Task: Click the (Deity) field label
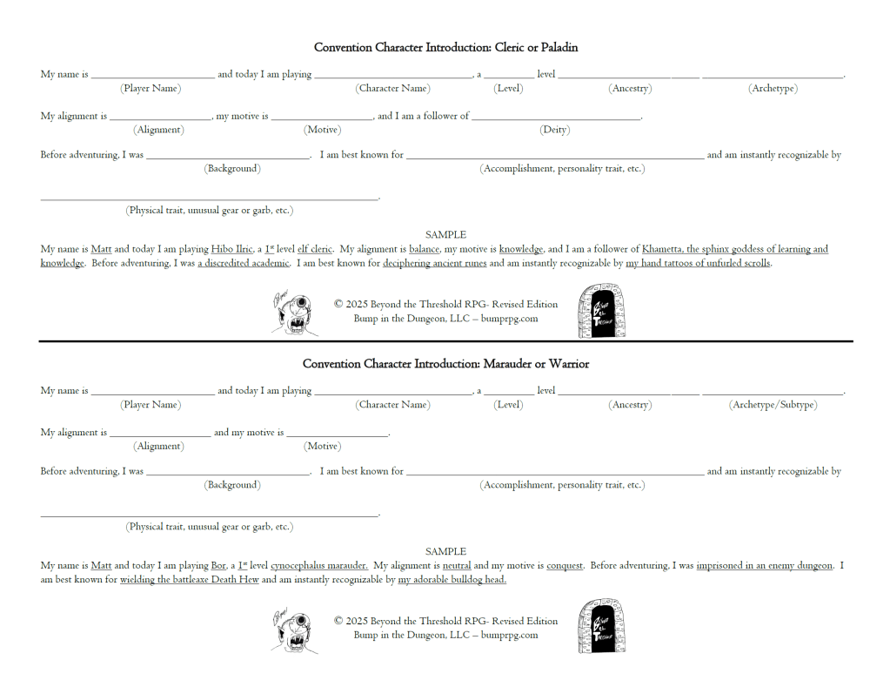(x=554, y=130)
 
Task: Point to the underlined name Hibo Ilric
(x=231, y=249)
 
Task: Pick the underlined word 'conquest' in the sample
(x=565, y=565)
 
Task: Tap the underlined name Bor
(x=218, y=565)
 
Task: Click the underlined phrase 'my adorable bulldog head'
(x=452, y=579)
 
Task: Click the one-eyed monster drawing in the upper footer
(x=295, y=313)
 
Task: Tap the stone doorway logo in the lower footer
(x=601, y=625)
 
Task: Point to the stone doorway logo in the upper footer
(x=601, y=309)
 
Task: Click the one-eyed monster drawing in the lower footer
(x=295, y=629)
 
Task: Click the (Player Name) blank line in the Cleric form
(x=152, y=77)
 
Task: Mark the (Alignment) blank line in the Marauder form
(x=160, y=434)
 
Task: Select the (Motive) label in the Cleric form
(x=321, y=130)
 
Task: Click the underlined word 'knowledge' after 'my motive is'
(x=521, y=249)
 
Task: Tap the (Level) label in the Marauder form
(x=507, y=405)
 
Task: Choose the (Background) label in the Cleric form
(x=232, y=168)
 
